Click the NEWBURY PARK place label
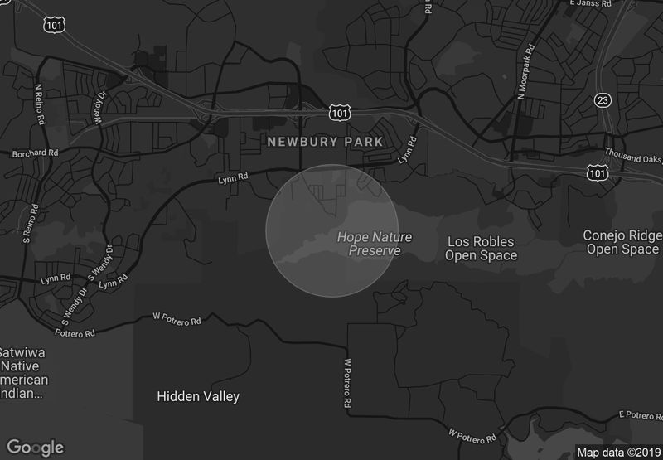pyautogui.click(x=325, y=142)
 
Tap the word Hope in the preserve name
pyautogui.click(x=351, y=237)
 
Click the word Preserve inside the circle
pyautogui.click(x=375, y=251)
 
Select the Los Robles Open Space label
pyautogui.click(x=481, y=249)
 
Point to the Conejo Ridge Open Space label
pyautogui.click(x=622, y=242)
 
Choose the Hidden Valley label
pyautogui.click(x=198, y=396)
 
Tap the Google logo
pyautogui.click(x=36, y=447)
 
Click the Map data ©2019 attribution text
pyautogui.click(x=617, y=453)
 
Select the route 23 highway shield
pyautogui.click(x=603, y=100)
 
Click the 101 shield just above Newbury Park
pyautogui.click(x=339, y=111)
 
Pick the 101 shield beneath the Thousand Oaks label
pyautogui.click(x=597, y=172)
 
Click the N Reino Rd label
pyautogui.click(x=38, y=102)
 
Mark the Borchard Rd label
pyautogui.click(x=35, y=153)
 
